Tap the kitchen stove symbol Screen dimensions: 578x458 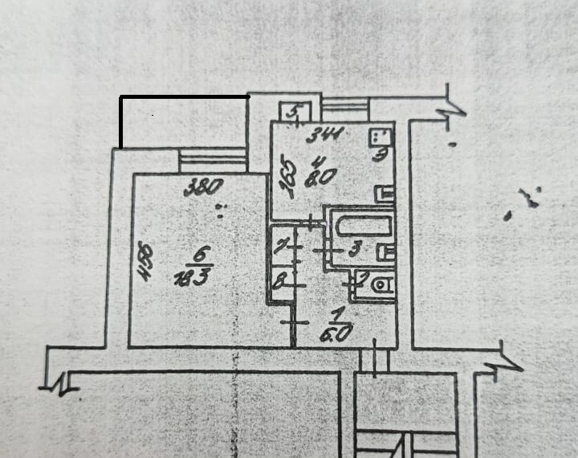click(381, 137)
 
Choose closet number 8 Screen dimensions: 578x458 click(279, 282)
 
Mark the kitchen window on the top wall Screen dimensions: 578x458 click(344, 106)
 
